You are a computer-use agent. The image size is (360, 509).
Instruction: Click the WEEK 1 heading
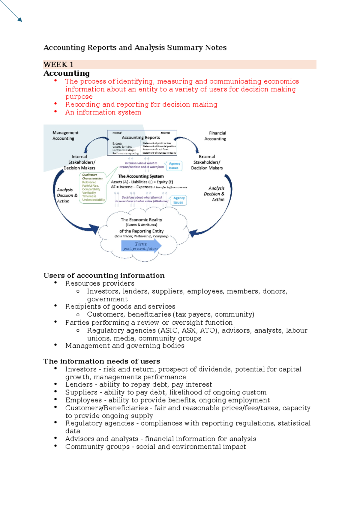58,65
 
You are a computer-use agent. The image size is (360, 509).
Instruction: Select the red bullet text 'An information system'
103,112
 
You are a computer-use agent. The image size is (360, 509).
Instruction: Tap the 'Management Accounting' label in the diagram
65,135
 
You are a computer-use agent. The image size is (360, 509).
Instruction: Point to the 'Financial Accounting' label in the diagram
215,136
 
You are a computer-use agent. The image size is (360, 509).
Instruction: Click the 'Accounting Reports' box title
141,137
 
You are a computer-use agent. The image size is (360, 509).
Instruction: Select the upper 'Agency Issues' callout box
174,166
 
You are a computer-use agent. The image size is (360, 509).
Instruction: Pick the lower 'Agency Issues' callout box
178,200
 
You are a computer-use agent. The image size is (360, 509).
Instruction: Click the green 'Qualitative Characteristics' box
93,188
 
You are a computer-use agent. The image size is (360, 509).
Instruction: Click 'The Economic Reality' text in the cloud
141,220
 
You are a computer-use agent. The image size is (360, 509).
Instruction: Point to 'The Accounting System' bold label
141,176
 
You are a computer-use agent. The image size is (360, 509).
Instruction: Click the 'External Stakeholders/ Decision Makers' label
207,162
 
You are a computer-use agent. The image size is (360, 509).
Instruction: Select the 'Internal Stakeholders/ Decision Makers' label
79,162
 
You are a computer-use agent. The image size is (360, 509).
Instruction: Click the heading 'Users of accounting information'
104,276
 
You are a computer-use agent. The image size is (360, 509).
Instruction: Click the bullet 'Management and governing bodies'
125,346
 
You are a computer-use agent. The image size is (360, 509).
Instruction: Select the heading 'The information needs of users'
102,361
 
